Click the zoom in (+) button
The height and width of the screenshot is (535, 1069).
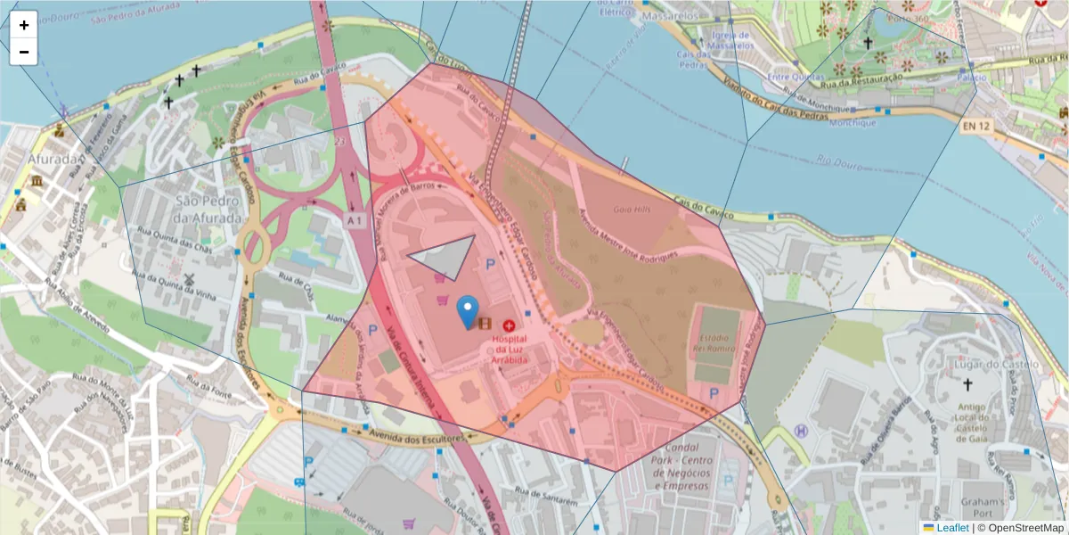tap(23, 25)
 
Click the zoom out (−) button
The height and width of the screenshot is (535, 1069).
tap(23, 52)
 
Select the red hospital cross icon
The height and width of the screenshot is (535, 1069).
tap(509, 326)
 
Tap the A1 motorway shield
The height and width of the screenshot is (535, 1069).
tap(355, 219)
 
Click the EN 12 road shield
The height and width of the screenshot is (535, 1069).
tap(976, 128)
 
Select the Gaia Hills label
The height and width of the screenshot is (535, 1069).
tap(632, 209)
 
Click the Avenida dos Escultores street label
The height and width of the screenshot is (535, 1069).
tap(419, 436)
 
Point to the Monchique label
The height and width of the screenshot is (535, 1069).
tap(853, 123)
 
